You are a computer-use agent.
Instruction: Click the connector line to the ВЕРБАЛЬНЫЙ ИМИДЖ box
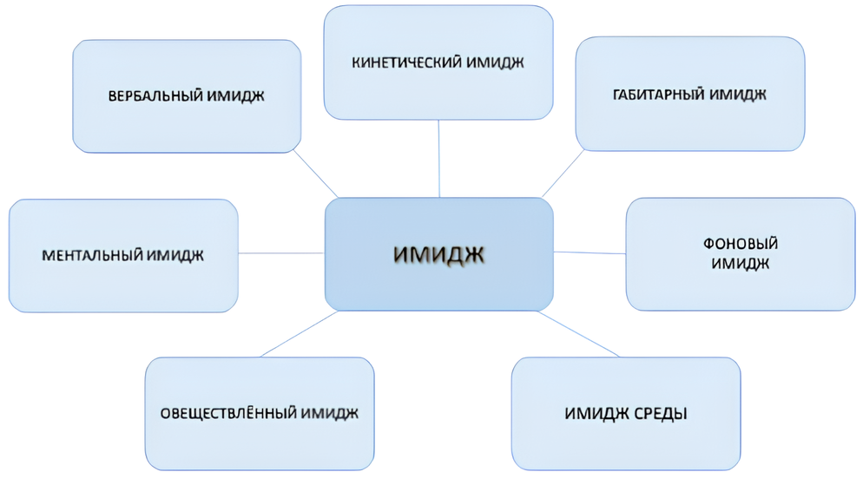[x=316, y=174]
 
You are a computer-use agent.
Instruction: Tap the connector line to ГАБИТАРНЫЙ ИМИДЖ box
[x=563, y=174]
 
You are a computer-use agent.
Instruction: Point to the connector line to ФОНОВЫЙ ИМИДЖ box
[x=590, y=252]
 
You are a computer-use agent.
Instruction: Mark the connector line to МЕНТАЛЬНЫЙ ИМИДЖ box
[x=281, y=253]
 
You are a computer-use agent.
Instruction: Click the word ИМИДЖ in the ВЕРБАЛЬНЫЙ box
[x=236, y=95]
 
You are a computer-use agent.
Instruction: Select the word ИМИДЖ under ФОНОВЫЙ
[x=740, y=264]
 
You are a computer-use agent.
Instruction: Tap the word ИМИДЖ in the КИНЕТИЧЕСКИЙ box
[x=497, y=62]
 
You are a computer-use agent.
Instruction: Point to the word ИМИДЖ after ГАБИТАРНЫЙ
[x=739, y=95]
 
